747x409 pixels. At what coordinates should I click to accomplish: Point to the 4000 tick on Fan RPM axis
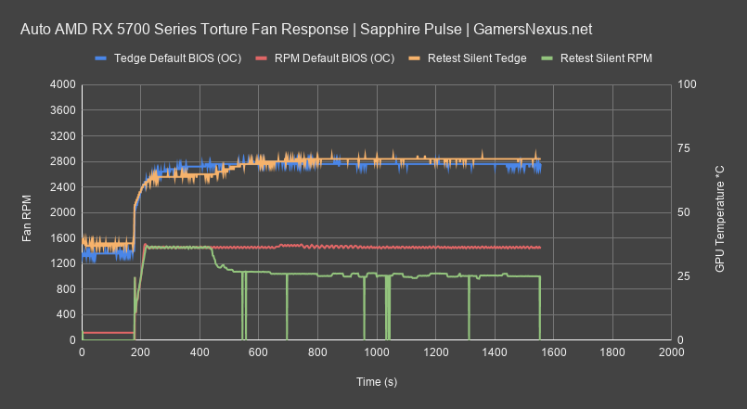coord(61,84)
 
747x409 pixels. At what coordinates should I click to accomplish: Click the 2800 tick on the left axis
coord(61,161)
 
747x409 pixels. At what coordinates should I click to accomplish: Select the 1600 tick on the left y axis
coord(61,238)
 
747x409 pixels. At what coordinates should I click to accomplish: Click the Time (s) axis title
coord(376,382)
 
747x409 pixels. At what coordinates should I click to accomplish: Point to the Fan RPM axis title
coord(28,212)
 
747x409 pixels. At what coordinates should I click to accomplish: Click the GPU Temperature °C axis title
coord(719,212)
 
